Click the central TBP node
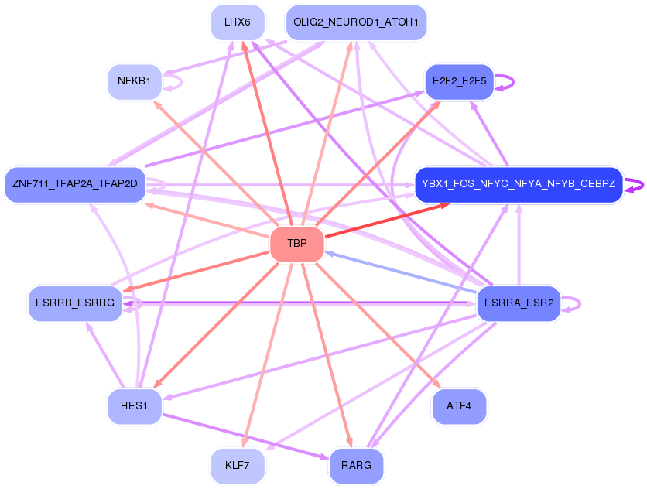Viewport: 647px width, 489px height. (297, 244)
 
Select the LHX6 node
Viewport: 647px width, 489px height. (238, 22)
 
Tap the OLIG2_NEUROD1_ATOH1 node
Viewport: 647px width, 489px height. (356, 22)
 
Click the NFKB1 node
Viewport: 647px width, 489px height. (134, 81)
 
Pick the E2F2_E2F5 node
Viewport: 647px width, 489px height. (459, 81)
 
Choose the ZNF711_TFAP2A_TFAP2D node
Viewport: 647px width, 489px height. (75, 184)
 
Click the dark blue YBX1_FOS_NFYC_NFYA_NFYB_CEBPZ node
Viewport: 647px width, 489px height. (519, 184)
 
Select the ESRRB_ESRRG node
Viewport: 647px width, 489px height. (75, 303)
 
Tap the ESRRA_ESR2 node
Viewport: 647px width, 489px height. (519, 303)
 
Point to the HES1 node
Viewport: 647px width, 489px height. (134, 406)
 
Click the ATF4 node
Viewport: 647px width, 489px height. (459, 406)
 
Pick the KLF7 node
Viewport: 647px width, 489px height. (238, 466)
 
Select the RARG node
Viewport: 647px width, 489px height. (356, 466)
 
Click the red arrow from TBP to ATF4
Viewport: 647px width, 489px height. (378, 325)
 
